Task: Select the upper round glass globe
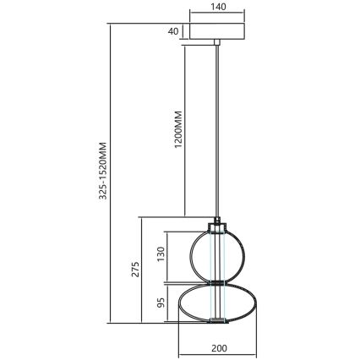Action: tap(195, 254)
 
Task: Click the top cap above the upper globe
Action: tap(217, 226)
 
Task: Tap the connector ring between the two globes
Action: tap(217, 282)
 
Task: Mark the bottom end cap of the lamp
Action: tap(217, 320)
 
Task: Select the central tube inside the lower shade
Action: tap(217, 303)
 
